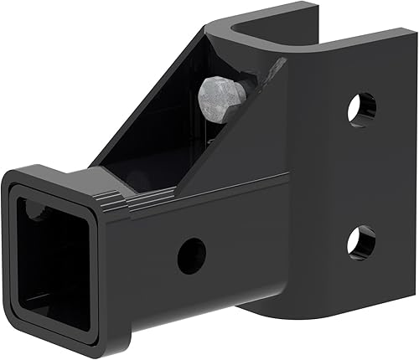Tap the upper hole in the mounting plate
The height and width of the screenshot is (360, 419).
pyautogui.click(x=361, y=110)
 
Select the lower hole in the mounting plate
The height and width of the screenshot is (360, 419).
pyautogui.click(x=361, y=241)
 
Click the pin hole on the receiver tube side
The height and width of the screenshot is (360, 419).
pyautogui.click(x=191, y=254)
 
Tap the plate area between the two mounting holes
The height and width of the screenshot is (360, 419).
pyautogui.click(x=361, y=176)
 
